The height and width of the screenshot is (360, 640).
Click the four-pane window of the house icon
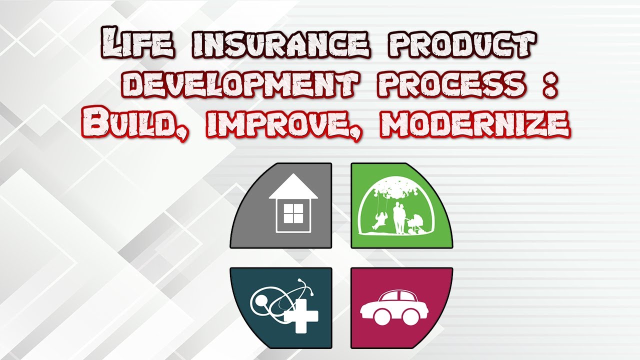coord(290,214)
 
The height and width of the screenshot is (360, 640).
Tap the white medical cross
coord(300,315)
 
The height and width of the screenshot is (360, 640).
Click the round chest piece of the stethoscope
coord(261,301)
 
